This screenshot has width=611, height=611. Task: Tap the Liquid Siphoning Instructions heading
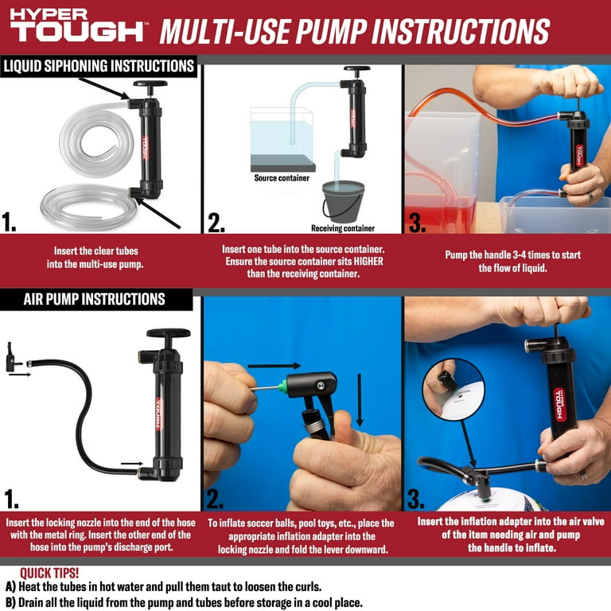pos(99,66)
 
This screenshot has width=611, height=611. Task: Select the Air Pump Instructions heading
pos(95,299)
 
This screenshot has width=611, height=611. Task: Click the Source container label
pos(282,178)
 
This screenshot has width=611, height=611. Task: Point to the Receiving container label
pos(343,228)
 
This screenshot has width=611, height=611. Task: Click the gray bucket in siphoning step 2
pos(344,201)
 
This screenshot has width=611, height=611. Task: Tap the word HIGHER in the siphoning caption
pos(368,261)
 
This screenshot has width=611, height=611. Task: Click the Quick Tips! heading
pos(49,573)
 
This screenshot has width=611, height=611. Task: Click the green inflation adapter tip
pos(283,387)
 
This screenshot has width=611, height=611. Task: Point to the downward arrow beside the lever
pos(360,400)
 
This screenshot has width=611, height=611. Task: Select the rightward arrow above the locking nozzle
pos(274,366)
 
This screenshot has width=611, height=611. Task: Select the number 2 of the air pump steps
pos(215,499)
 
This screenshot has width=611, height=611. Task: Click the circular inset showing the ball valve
pos(453,390)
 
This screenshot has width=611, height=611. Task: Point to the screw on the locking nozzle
pos(321,386)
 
